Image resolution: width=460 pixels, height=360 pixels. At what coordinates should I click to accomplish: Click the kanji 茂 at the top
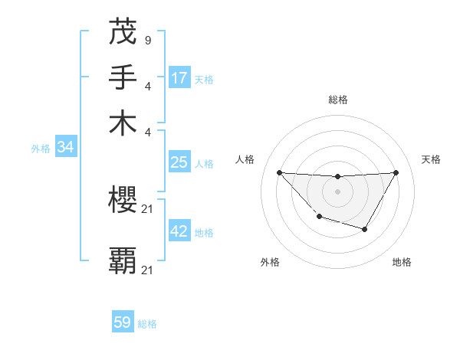pos(123,31)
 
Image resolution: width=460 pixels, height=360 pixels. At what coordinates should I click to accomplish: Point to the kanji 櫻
pos(123,201)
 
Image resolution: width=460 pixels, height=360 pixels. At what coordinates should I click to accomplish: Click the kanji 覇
pos(123,261)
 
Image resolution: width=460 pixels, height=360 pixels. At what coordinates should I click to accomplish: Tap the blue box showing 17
pos(179,78)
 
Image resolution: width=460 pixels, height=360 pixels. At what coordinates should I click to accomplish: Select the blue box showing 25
pos(179,162)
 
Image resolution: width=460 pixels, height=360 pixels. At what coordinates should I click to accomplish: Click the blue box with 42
pos(179,231)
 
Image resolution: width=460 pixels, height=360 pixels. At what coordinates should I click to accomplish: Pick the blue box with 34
pos(66,148)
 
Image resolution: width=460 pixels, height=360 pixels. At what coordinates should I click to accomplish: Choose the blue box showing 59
pos(123,322)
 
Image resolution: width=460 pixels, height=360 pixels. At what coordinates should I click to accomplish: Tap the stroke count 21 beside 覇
pos(148,270)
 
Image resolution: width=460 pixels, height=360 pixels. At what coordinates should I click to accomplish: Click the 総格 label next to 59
pos(147,324)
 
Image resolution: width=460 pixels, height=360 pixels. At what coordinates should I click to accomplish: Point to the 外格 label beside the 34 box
pos(41,149)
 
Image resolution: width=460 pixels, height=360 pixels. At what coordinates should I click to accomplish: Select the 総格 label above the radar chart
pos(337,100)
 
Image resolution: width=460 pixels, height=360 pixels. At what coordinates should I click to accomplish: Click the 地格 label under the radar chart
pos(402,262)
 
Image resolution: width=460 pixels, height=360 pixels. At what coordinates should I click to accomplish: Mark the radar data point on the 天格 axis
pos(396,172)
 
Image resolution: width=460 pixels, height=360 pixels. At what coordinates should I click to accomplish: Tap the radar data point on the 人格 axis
pos(279,172)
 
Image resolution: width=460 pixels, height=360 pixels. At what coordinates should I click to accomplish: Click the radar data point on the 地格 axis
pos(365,229)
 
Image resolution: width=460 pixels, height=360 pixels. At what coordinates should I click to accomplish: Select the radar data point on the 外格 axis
pos(319,218)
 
